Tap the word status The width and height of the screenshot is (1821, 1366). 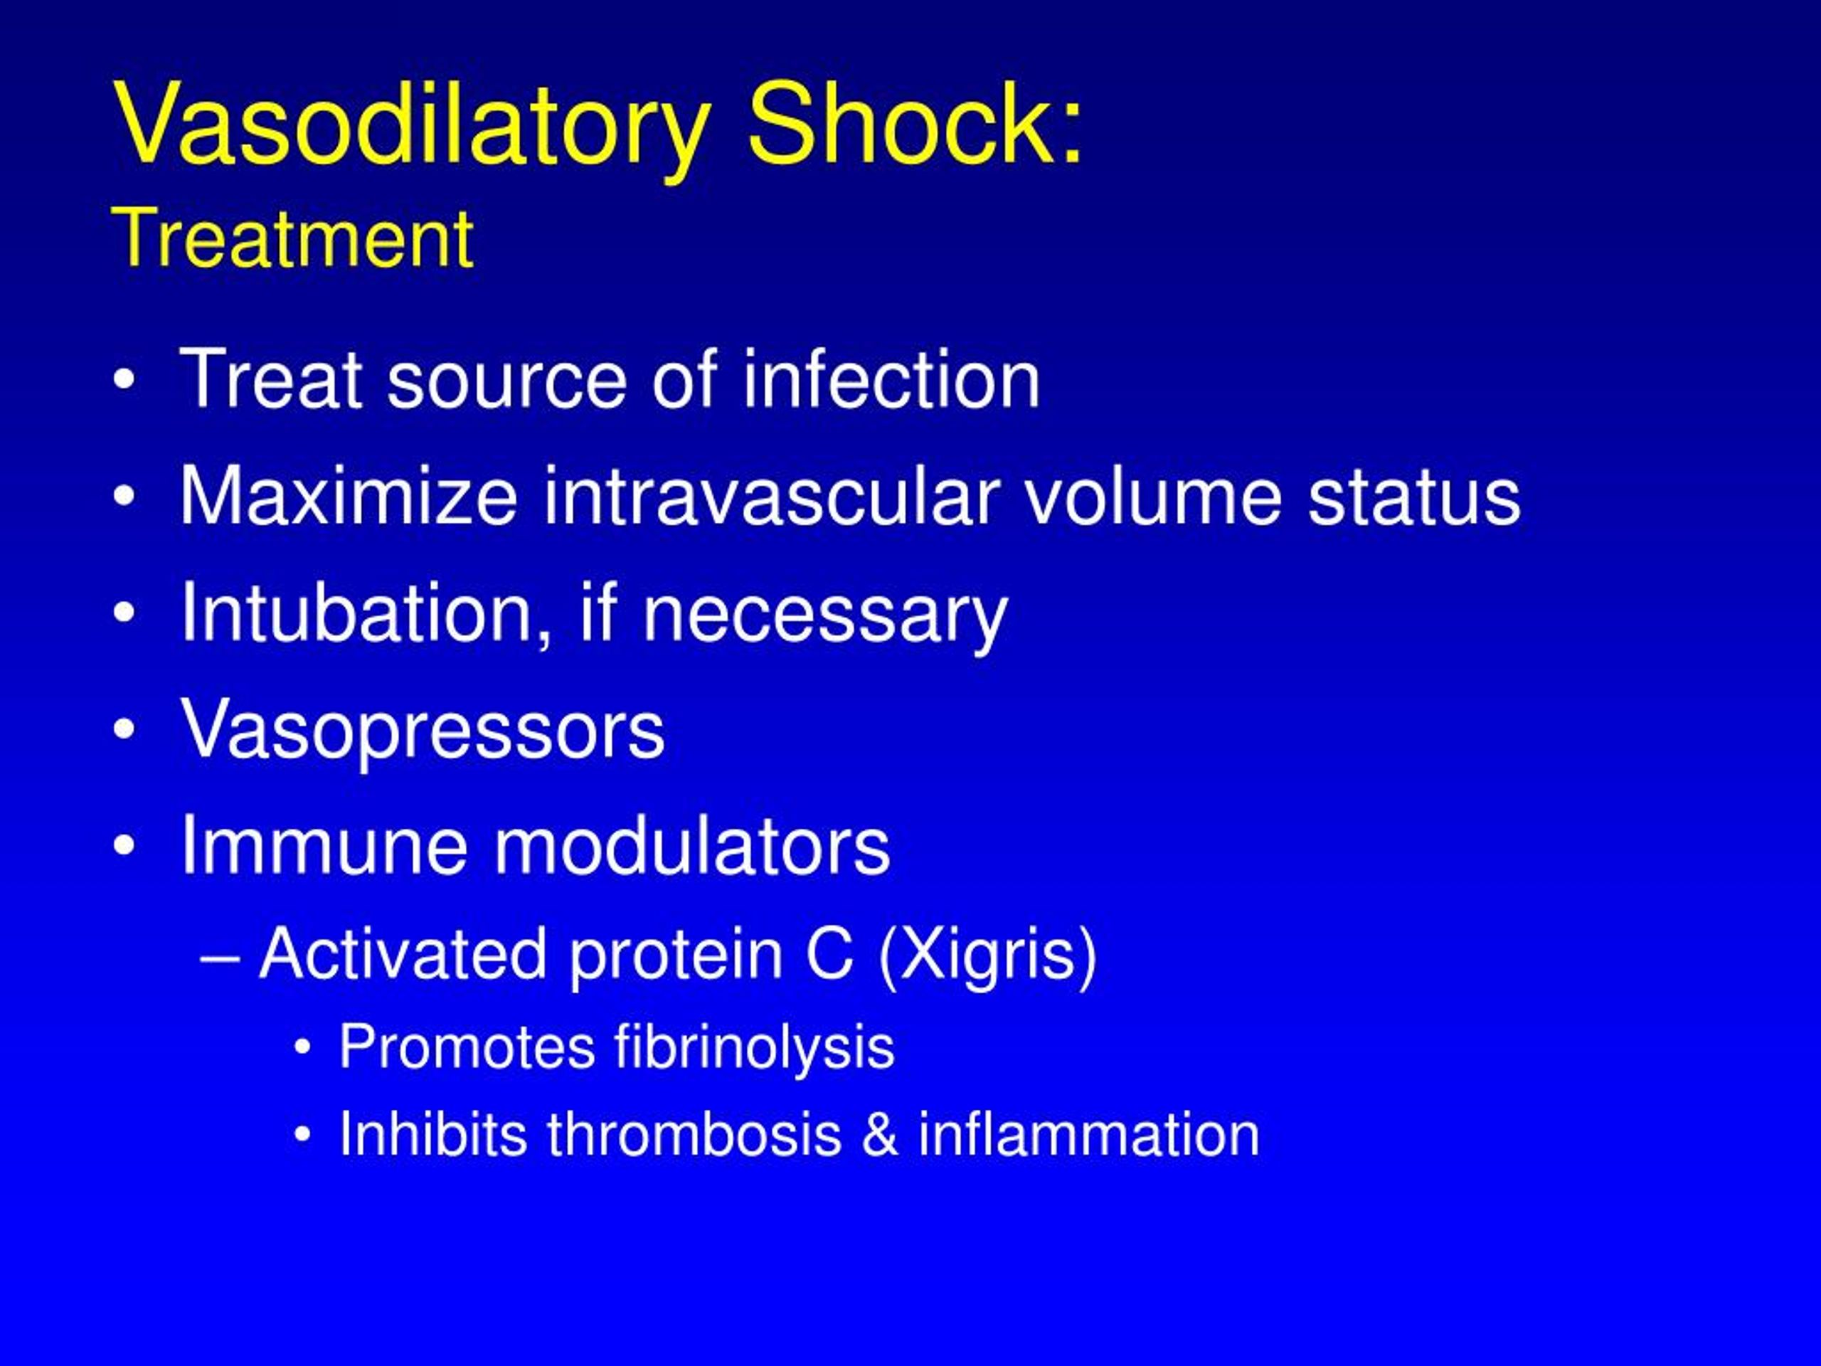tap(1413, 497)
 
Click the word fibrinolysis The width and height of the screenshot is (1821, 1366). tap(753, 1047)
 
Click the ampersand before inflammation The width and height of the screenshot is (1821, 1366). tap(879, 1135)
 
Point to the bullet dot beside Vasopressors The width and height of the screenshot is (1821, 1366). tap(124, 729)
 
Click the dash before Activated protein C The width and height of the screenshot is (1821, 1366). tap(219, 958)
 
